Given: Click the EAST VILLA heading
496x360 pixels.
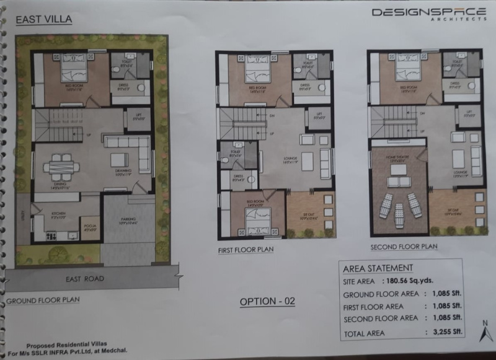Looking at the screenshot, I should point(44,19).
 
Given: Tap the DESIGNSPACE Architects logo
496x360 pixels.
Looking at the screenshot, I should point(428,13).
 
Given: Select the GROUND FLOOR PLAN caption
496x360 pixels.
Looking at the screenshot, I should point(43,301).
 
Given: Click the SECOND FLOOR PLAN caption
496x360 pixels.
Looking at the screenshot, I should point(404,247).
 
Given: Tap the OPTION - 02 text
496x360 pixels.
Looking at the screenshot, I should point(267,302).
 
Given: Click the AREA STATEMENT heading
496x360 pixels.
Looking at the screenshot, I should point(378,268).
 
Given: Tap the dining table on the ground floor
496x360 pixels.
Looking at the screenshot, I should point(61,166).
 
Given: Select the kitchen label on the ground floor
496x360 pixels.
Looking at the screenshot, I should point(50,213).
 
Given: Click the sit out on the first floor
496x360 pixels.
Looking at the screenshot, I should point(309,214).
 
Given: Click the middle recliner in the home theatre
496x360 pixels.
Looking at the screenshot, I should point(399,212).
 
